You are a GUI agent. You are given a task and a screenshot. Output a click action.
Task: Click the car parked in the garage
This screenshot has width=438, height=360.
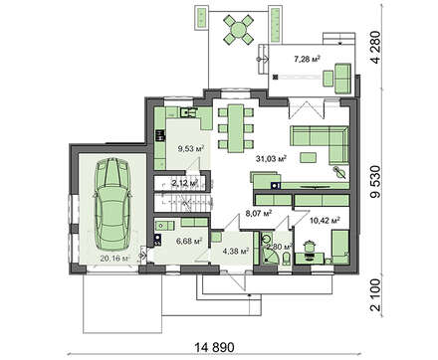[x=111, y=205]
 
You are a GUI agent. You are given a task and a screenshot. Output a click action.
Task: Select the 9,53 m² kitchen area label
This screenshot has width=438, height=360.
[x=191, y=148]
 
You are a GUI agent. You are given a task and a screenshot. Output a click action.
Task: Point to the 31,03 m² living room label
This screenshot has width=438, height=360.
[x=271, y=158]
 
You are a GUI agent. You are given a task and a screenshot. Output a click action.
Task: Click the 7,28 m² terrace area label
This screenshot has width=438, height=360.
[x=307, y=60]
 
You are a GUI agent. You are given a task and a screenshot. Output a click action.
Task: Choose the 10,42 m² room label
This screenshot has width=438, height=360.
[x=325, y=220]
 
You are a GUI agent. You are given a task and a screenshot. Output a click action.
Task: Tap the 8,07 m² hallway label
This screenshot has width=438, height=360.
[x=259, y=213]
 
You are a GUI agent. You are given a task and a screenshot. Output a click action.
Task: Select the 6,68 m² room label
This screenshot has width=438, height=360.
[x=189, y=241]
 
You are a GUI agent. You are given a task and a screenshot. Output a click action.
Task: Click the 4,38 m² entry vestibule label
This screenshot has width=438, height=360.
[x=236, y=252]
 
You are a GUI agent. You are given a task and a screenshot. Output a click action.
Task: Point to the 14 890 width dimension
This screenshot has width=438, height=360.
[x=214, y=347]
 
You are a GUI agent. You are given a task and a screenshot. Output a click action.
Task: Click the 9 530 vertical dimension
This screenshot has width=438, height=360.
[x=375, y=181]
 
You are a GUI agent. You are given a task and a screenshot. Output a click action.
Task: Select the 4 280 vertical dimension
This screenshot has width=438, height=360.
[x=375, y=48]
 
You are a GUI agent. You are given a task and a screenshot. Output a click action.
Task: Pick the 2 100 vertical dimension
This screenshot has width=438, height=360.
[x=375, y=294]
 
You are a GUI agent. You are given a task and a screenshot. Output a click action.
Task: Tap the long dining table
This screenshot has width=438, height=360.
[x=236, y=128]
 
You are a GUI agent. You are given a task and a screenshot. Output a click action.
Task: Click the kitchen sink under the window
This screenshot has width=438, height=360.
[x=187, y=112]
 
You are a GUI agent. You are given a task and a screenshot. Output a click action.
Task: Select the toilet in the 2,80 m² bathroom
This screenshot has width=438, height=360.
[x=287, y=259]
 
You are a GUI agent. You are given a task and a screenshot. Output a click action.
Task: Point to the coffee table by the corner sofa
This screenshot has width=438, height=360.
[x=309, y=157]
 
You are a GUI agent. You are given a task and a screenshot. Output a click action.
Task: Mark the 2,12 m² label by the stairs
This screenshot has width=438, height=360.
[x=185, y=182]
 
